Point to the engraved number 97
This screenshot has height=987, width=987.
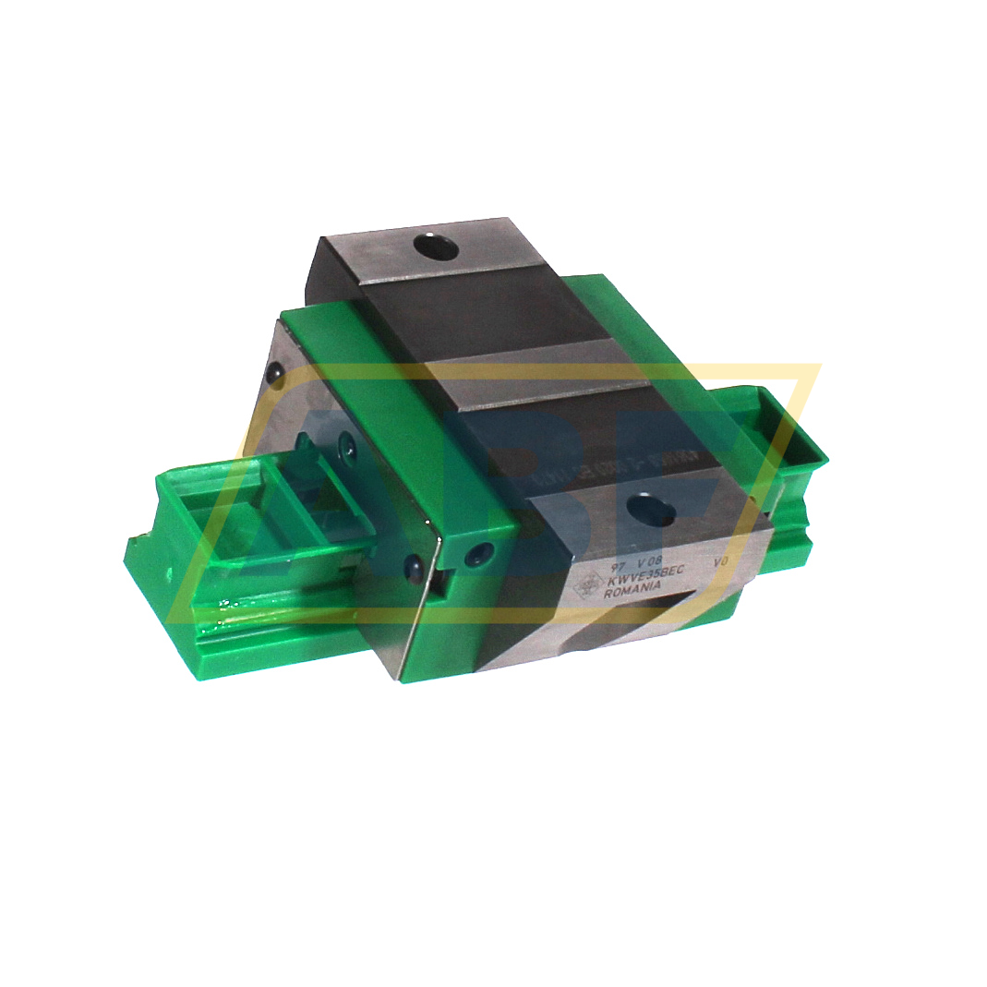point(606,562)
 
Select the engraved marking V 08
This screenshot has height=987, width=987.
point(650,560)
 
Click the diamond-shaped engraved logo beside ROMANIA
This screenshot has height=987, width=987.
point(585,587)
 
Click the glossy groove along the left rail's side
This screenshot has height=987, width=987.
point(277,615)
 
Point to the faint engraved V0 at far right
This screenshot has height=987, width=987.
point(721,560)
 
